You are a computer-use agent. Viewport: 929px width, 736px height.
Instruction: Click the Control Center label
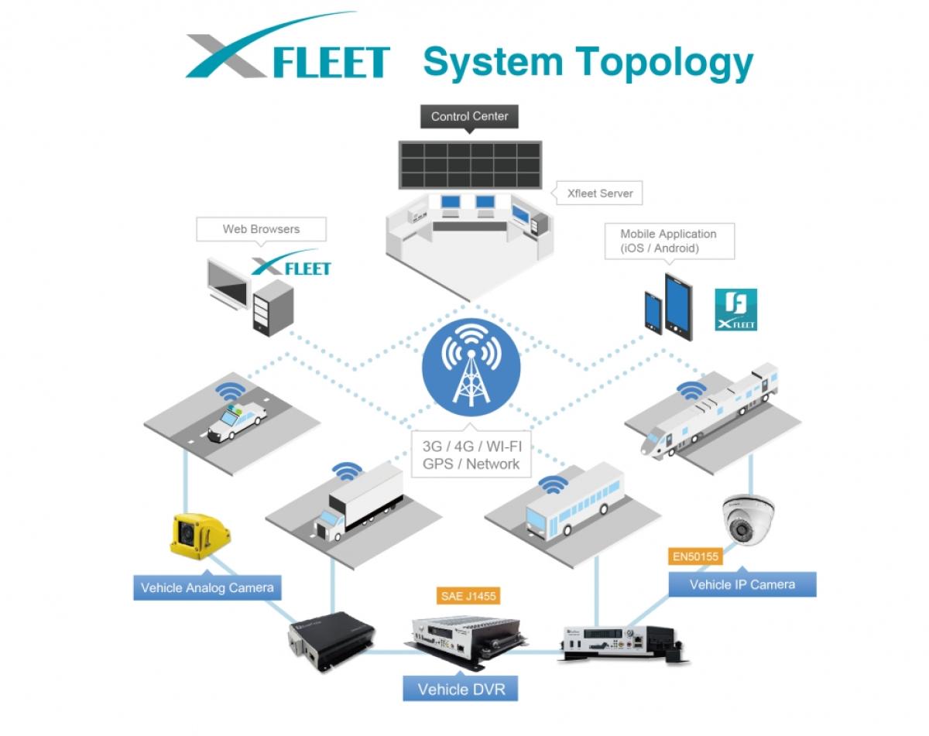pos(469,117)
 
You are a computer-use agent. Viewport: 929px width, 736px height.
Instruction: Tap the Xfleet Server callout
pos(599,193)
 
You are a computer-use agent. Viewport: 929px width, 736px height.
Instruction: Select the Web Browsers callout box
pos(261,229)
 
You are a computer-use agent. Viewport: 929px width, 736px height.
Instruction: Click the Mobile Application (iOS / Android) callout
pos(668,241)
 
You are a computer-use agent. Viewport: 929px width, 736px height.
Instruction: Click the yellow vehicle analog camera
pos(200,535)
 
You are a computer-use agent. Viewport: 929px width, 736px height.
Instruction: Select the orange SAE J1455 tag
pos(465,596)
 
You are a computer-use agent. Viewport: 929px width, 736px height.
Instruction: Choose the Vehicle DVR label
pos(461,689)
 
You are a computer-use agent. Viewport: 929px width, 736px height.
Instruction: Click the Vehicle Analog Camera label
pos(207,587)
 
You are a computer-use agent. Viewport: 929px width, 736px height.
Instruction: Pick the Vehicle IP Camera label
pos(742,584)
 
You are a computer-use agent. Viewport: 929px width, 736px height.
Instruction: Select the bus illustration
pos(574,504)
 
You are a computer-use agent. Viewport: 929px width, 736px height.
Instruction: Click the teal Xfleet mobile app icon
pos(735,310)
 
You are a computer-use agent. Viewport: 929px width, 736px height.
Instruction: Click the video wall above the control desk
pos(470,164)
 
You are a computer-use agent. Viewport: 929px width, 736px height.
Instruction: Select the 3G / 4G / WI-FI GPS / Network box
pos(471,455)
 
